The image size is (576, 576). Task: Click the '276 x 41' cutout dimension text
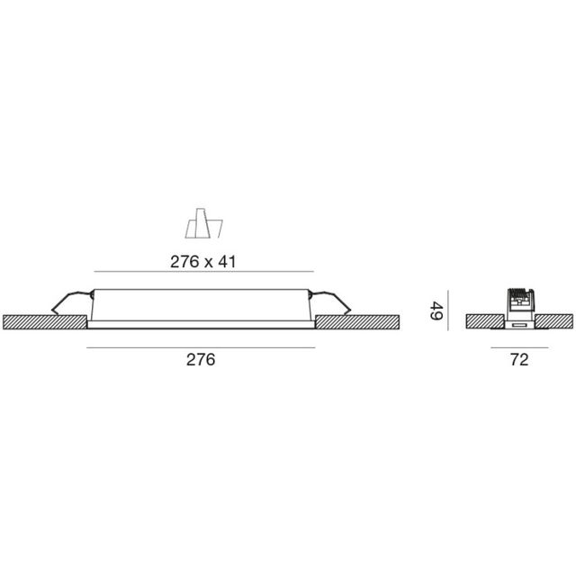[x=203, y=261]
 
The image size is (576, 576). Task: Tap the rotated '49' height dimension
[x=435, y=312]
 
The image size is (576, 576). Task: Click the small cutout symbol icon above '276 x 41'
[x=202, y=225]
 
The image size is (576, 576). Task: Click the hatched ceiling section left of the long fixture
[x=46, y=321]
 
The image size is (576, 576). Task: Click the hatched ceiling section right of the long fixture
[x=356, y=321]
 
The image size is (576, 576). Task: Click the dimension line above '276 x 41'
[x=203, y=271]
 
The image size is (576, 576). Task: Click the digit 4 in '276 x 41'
[x=226, y=261]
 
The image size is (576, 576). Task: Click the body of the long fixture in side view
[x=202, y=306]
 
